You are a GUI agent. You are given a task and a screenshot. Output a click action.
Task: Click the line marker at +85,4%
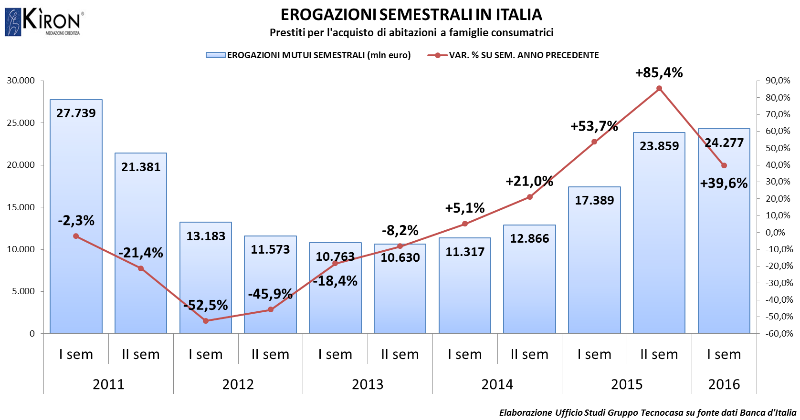[x=659, y=88]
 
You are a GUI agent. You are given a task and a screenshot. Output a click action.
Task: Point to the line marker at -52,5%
[x=206, y=321]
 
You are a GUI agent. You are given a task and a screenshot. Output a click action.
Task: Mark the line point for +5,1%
[x=465, y=224]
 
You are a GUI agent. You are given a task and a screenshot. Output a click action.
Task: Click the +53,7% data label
[x=594, y=126]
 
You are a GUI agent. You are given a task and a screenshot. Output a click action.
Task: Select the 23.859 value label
[x=659, y=146]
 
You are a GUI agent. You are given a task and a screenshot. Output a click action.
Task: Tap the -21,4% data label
[x=141, y=253]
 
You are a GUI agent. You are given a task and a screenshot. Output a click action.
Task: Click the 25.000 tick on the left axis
[x=21, y=123]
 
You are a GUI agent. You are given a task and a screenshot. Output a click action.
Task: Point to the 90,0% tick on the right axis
[x=778, y=81]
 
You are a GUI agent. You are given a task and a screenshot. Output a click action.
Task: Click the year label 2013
[x=368, y=384]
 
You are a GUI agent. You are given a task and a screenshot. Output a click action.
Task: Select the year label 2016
[x=724, y=384]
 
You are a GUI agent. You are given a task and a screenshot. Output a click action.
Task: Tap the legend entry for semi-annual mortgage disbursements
[x=318, y=55]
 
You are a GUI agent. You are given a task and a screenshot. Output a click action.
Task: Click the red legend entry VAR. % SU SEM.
[x=524, y=55]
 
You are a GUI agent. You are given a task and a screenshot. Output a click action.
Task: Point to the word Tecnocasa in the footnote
[x=662, y=413]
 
